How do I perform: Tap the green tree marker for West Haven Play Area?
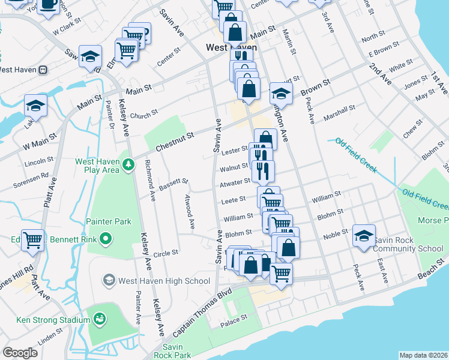tap(128, 163)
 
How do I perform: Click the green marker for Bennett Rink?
tap(106, 239)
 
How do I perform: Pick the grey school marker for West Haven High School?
tap(109, 280)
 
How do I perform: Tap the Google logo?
tap(20, 353)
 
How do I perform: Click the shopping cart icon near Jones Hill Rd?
tap(33, 240)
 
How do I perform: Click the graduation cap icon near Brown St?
tap(280, 93)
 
